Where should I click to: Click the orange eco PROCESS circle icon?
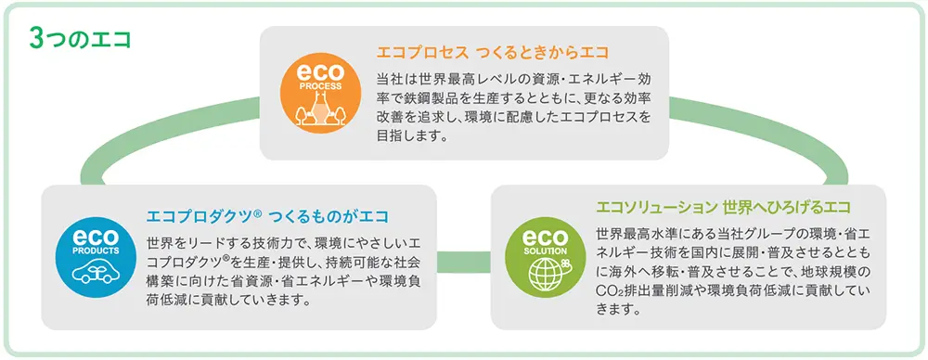click(x=318, y=90)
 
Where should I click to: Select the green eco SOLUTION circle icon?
click(x=544, y=251)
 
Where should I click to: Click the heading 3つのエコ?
click(x=79, y=39)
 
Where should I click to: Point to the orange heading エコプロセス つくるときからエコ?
click(x=492, y=50)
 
